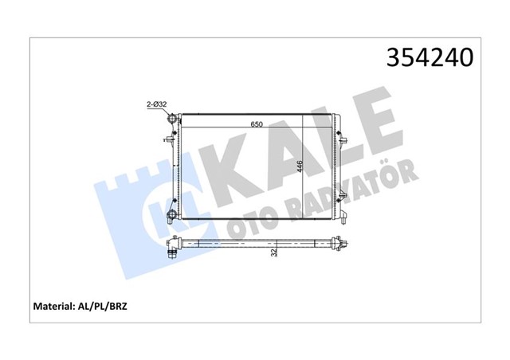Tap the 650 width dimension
coord(257,124)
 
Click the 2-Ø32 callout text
coord(157,103)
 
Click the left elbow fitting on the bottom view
coord(171,253)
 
